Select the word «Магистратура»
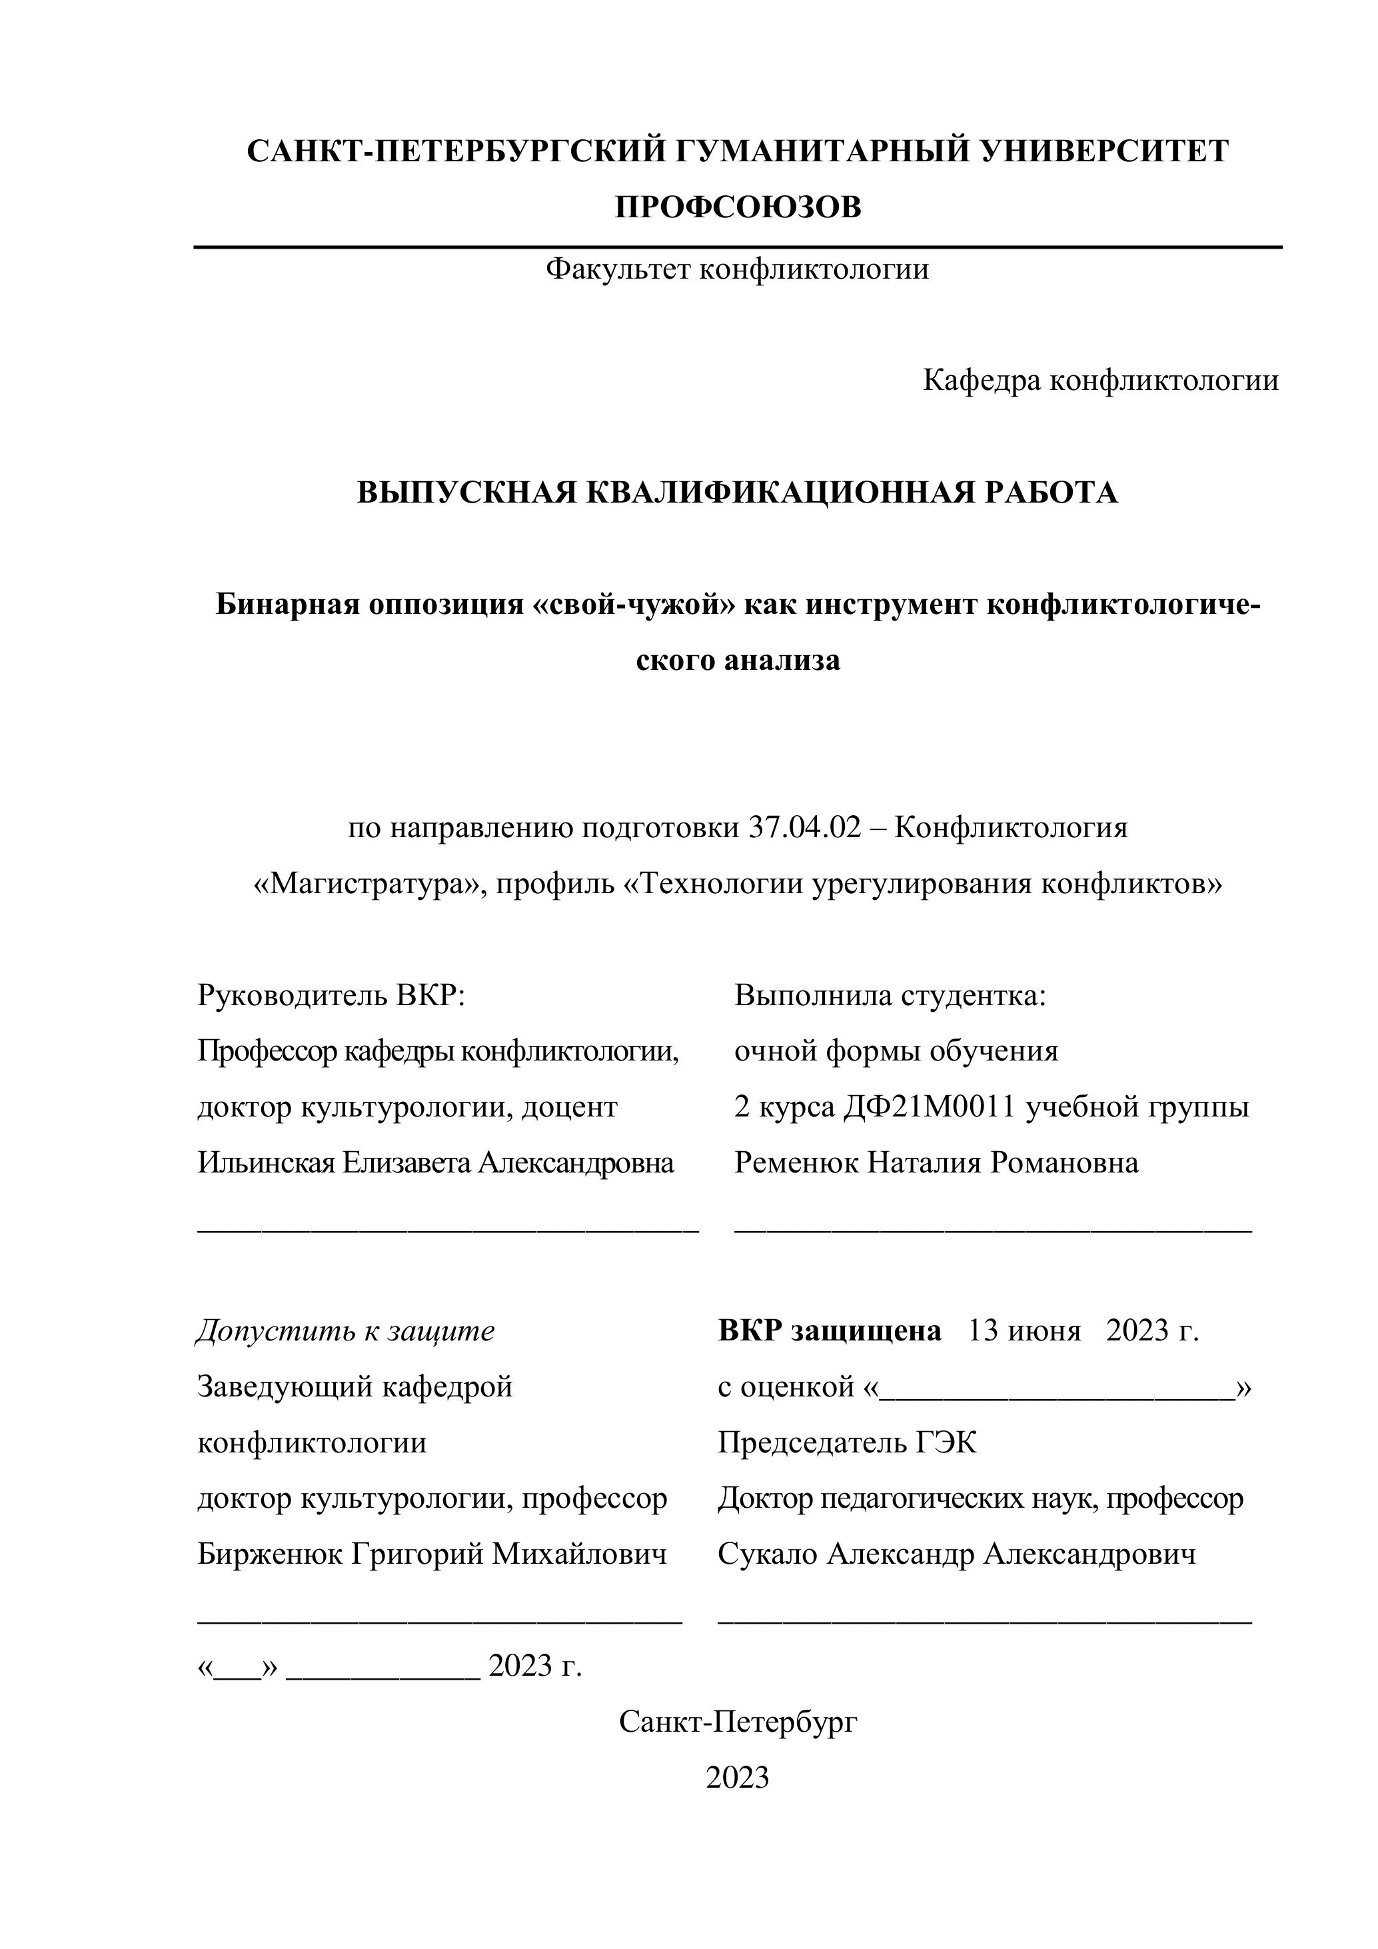pos(366,884)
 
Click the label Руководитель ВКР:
pos(332,995)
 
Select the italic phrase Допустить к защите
pos(345,1330)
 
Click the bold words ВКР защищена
pos(829,1330)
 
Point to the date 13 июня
pos(1024,1330)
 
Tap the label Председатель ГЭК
pos(847,1442)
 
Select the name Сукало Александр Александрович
pos(956,1554)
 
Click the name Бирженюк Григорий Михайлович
pos(432,1554)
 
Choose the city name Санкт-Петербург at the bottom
pos(738,1722)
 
